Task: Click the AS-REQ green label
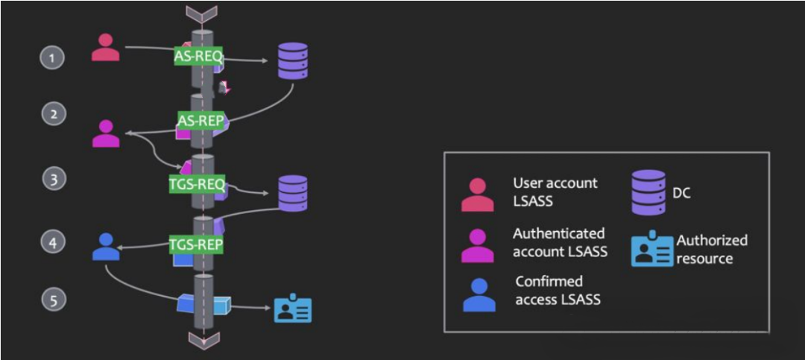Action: [198, 56]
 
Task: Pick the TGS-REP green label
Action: [197, 244]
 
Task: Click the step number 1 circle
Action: [52, 57]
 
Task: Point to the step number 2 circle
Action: [53, 115]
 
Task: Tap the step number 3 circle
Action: [53, 179]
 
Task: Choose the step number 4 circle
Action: [53, 242]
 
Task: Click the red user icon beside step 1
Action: [105, 48]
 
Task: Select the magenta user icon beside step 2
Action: [106, 133]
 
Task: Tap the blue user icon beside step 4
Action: [106, 246]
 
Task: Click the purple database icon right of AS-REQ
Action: [293, 60]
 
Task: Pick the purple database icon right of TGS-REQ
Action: [293, 194]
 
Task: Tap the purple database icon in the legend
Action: [648, 193]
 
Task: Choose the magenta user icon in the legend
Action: [478, 245]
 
